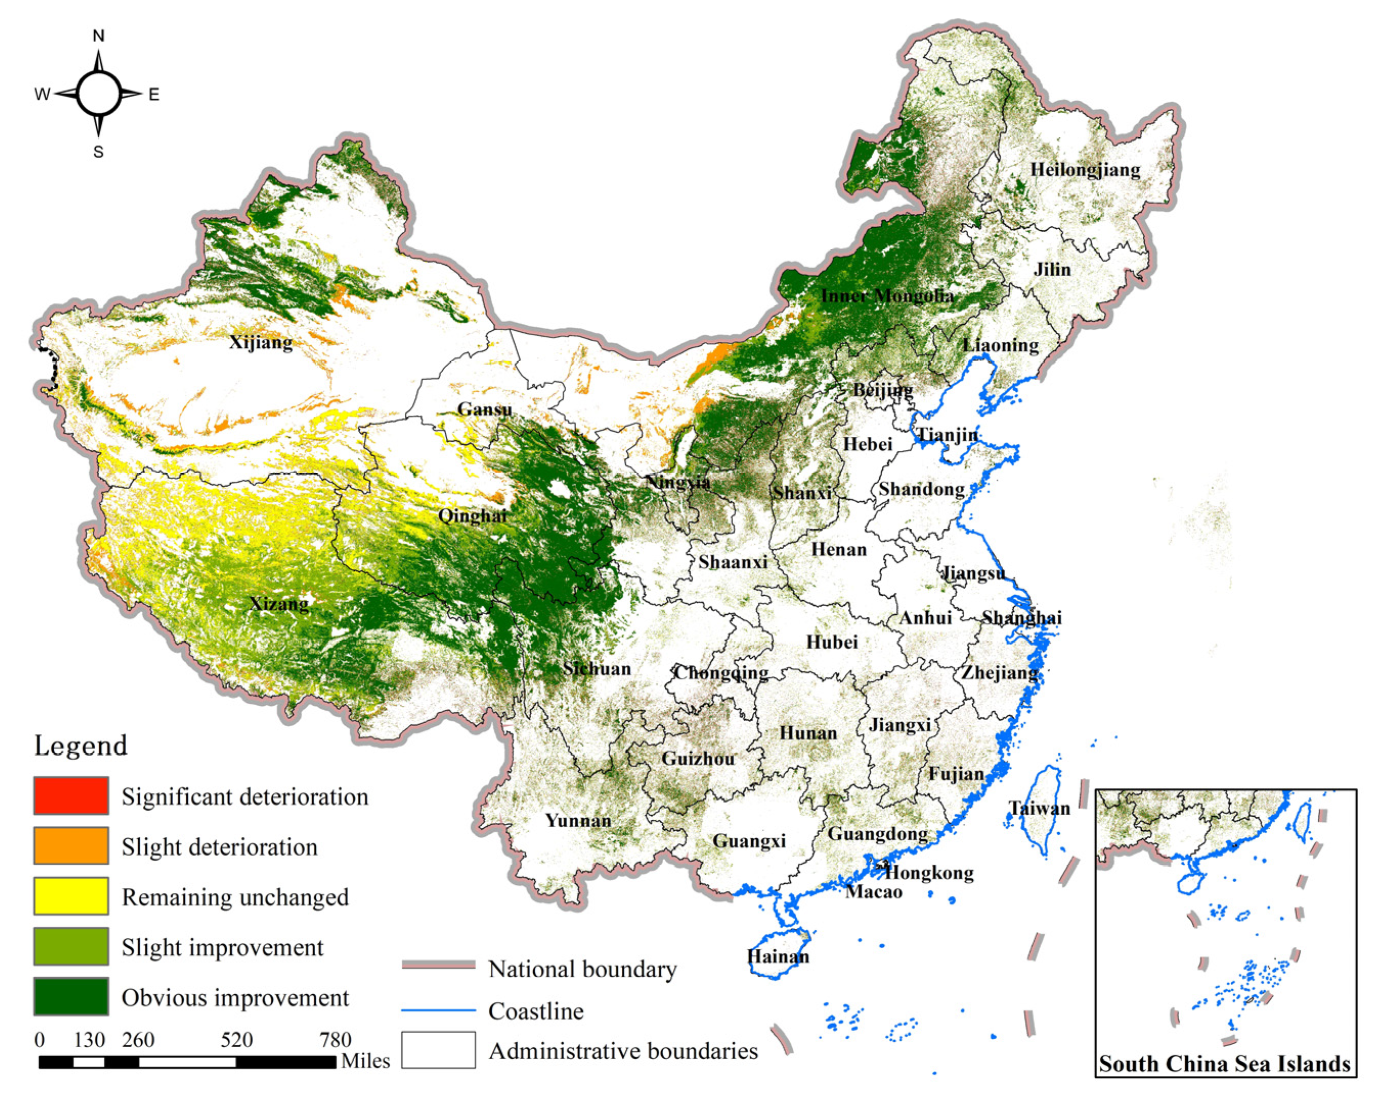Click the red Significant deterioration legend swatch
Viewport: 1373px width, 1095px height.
71,795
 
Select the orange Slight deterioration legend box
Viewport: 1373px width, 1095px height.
71,845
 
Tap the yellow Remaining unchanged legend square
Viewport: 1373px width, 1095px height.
71,896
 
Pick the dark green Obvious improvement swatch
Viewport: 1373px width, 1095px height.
71,996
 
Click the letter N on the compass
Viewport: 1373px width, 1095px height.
98,36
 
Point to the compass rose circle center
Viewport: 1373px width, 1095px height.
98,94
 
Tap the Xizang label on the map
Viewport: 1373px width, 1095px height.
279,603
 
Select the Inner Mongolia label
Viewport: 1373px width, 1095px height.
887,296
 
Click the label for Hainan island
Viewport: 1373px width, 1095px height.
778,957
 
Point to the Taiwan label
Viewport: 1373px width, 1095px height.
1039,809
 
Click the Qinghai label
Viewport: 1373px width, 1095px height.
472,515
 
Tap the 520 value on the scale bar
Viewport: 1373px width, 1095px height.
237,1040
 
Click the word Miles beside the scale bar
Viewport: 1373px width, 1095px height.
365,1061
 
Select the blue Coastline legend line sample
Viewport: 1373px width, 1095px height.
438,1010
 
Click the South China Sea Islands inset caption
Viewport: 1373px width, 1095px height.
1225,1064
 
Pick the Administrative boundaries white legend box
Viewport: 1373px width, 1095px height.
438,1050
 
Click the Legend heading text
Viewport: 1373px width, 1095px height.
81,746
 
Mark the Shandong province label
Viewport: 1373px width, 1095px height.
922,489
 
